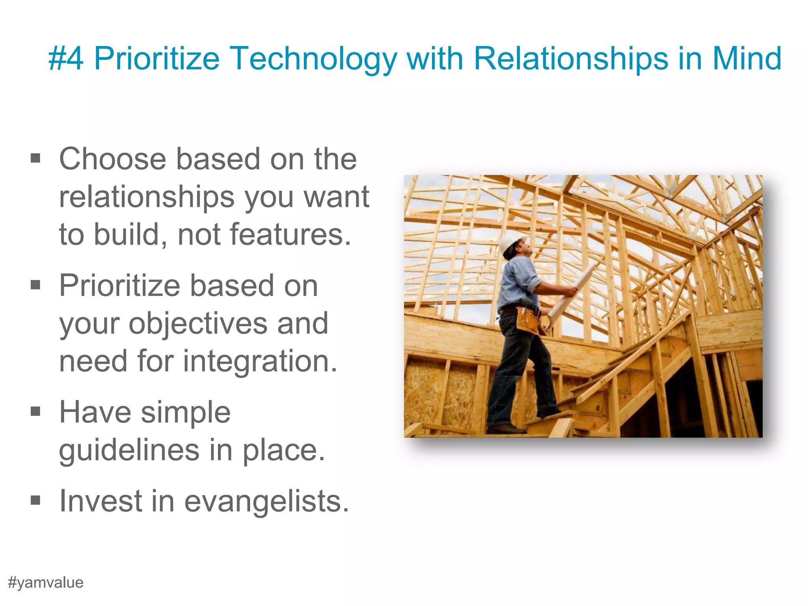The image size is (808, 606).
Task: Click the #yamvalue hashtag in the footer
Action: tap(46, 583)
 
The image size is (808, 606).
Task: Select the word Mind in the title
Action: tap(746, 58)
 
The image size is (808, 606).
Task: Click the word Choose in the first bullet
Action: tap(112, 159)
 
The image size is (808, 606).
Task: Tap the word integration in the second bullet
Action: tap(260, 361)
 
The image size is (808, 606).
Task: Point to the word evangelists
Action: tap(267, 501)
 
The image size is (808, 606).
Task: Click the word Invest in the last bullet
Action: tap(101, 501)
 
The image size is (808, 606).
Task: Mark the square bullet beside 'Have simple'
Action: tap(36, 411)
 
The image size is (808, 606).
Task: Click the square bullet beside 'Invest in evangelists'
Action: tap(36, 500)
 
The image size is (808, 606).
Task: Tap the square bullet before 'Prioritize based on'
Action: tap(36, 284)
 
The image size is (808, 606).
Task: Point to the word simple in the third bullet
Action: tap(185, 412)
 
